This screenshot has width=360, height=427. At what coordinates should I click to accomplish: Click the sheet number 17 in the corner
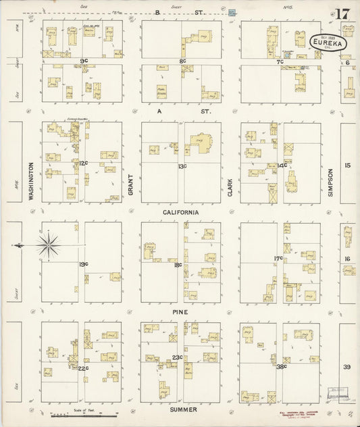[x=342, y=14]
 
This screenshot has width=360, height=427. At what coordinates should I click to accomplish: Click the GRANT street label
[x=131, y=184]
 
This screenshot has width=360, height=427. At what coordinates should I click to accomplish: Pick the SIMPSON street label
[x=330, y=182]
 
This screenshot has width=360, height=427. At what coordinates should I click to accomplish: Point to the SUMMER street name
[x=183, y=409]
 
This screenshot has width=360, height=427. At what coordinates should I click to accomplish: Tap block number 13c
[x=182, y=166]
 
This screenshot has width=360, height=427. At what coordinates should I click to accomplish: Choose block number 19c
[x=83, y=264]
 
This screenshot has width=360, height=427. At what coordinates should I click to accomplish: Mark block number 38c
[x=281, y=366]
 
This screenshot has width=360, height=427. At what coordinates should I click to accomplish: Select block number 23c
[x=178, y=357]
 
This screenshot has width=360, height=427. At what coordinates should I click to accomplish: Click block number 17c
[x=278, y=257]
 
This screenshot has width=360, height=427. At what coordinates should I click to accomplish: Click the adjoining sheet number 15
[x=348, y=165]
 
